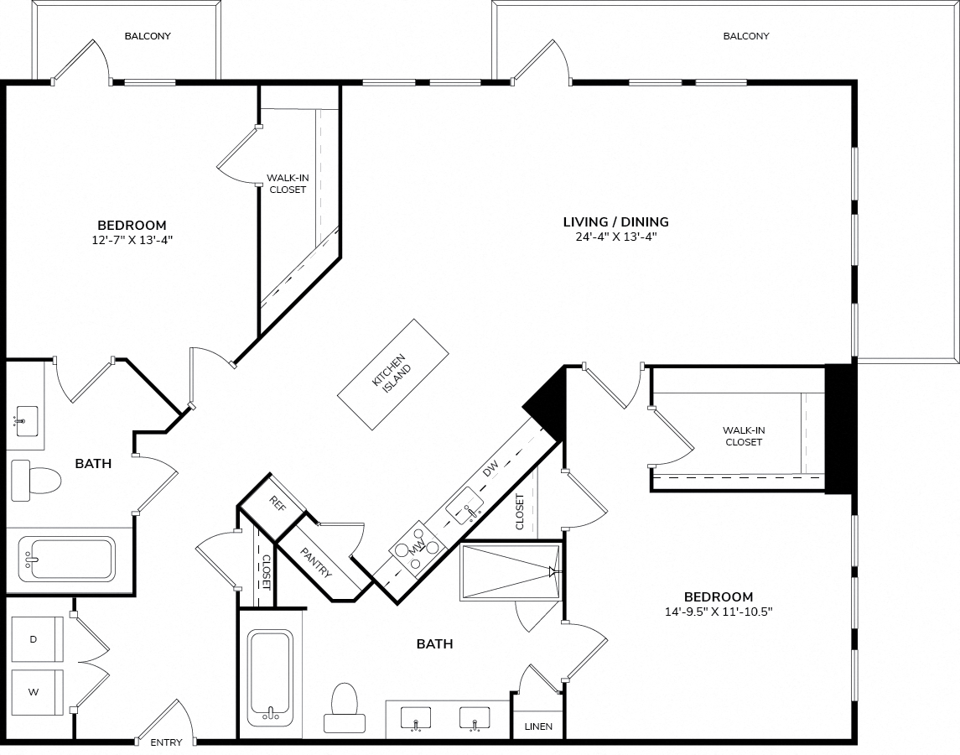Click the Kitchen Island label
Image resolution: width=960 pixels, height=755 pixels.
(392, 374)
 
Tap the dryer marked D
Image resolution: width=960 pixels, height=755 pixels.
(37, 639)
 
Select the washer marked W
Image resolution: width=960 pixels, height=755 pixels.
(37, 692)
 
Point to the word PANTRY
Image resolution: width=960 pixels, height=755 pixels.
(317, 563)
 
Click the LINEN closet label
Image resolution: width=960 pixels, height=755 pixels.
(539, 726)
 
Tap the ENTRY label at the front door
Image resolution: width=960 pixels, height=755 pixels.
(167, 742)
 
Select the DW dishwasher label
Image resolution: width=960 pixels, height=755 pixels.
(490, 468)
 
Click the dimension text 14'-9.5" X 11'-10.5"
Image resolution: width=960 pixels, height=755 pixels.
(719, 611)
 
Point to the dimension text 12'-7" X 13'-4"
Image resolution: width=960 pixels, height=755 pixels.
(132, 240)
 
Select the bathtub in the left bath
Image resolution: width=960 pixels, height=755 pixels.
(66, 560)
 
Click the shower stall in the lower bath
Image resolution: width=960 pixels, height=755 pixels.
(510, 572)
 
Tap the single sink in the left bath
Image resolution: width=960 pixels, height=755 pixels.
(27, 420)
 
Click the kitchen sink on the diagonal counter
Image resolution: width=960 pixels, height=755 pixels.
(464, 507)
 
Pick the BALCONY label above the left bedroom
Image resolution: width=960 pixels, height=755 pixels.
(148, 36)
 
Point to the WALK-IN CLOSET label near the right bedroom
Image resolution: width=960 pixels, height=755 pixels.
(743, 436)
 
